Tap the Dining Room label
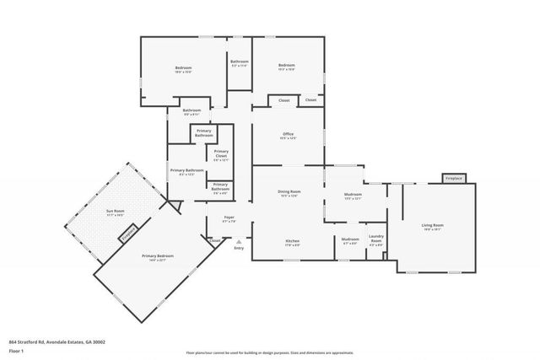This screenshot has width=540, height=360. pos(289,192)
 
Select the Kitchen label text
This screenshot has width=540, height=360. pos(292,241)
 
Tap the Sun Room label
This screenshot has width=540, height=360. pos(114,212)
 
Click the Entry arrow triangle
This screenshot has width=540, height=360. pos(239,240)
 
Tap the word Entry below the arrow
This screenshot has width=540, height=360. pos(239,248)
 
